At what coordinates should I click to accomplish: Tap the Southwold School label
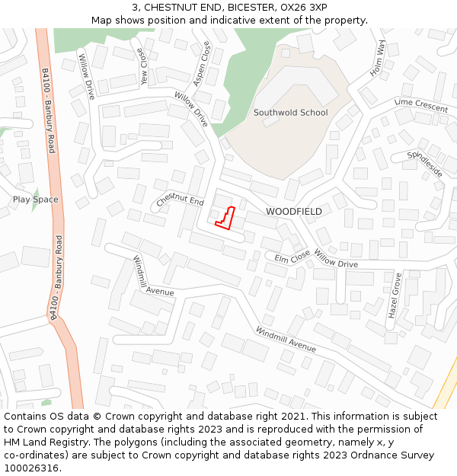click(x=290, y=113)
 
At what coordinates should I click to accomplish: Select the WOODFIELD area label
click(x=294, y=211)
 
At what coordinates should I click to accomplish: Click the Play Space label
click(x=35, y=200)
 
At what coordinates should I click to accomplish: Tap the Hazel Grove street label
click(x=394, y=297)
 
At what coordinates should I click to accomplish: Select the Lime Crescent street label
click(x=421, y=105)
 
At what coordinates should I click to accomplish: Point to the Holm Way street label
click(x=378, y=57)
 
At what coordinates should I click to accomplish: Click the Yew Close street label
click(x=142, y=65)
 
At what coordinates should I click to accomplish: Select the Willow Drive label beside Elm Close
click(x=335, y=260)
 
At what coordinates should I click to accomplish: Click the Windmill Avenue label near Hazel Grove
click(x=286, y=339)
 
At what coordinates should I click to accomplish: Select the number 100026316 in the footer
click(x=31, y=468)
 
